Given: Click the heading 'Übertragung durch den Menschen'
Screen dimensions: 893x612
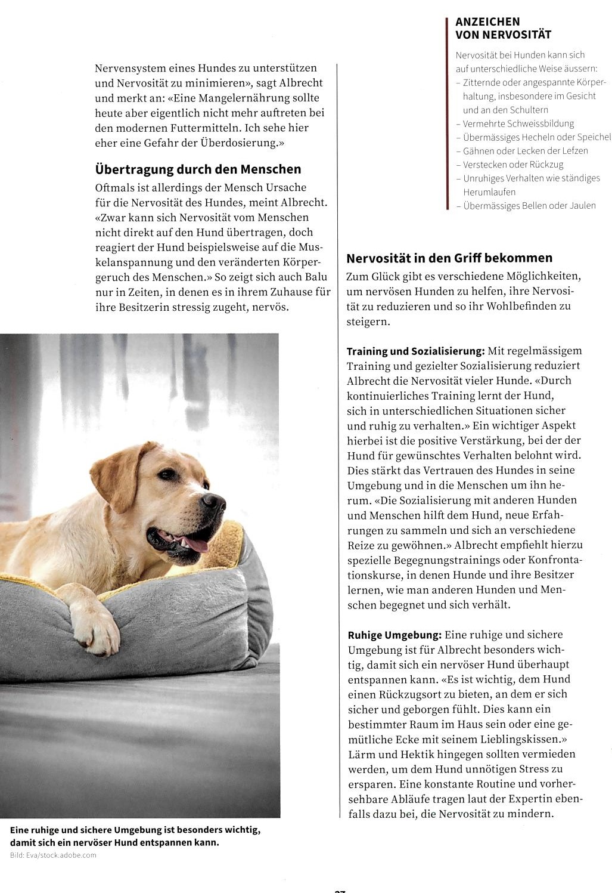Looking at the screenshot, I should pos(198,169).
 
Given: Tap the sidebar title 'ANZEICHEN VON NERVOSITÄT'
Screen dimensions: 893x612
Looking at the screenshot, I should pos(503,28).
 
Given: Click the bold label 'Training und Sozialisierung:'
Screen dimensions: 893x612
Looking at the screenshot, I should pos(416,351).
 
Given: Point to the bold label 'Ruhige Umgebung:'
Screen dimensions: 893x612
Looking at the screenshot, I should pos(394,635).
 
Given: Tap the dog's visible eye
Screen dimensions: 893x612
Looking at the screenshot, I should pos(168,474).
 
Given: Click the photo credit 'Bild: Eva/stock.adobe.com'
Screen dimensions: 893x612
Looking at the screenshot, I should pos(53,855).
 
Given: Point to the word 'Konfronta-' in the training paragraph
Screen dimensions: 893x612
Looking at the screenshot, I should pos(555,560).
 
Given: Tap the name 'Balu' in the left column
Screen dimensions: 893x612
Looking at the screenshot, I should pos(316,277).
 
